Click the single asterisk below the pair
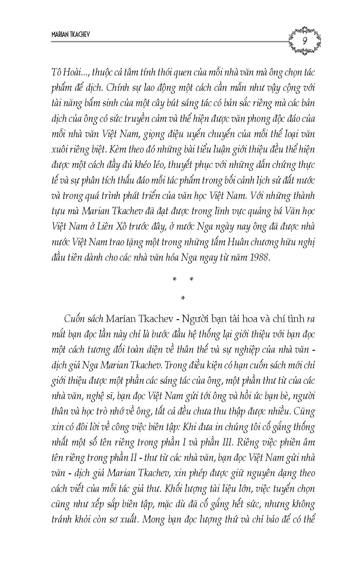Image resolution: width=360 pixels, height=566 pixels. [182, 298]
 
